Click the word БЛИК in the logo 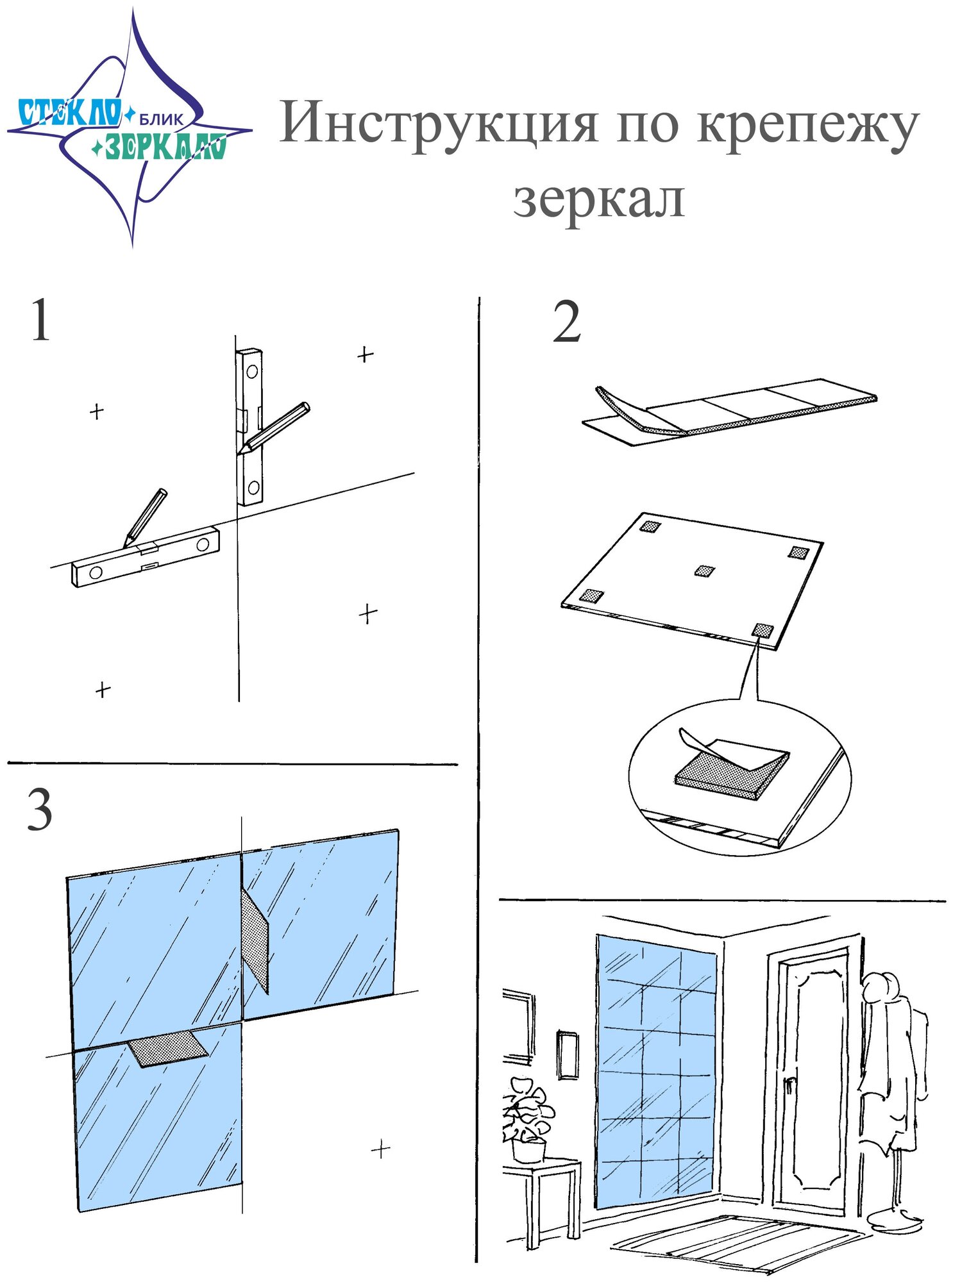(161, 119)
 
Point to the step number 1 (40, 320)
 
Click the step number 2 (566, 322)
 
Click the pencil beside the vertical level (274, 428)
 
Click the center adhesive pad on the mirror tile (705, 570)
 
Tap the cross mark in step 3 (381, 1149)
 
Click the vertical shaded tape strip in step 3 (255, 939)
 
